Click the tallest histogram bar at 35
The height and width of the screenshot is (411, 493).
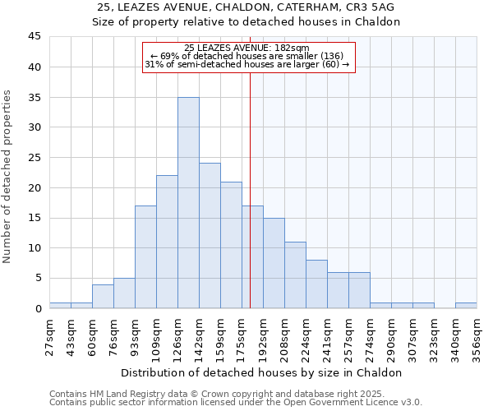(188, 203)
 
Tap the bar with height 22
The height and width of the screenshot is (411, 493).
(167, 242)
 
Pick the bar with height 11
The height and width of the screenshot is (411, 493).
(295, 275)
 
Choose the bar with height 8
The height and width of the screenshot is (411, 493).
(316, 284)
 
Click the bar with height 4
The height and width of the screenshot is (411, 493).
(103, 296)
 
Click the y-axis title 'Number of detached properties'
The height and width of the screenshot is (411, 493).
(8, 177)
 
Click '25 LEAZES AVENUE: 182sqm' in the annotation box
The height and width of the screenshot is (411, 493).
(246, 48)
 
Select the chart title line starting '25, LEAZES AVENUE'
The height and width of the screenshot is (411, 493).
(246, 7)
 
